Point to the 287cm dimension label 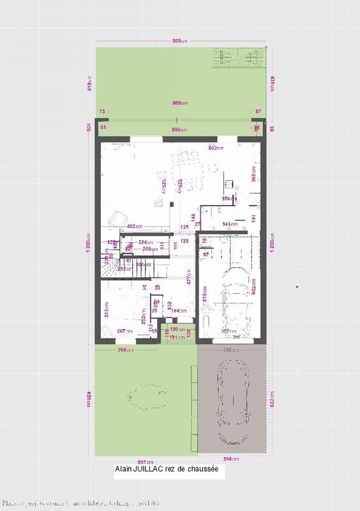click(126, 330)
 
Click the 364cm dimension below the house click(125, 350)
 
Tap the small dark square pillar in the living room click(172, 204)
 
